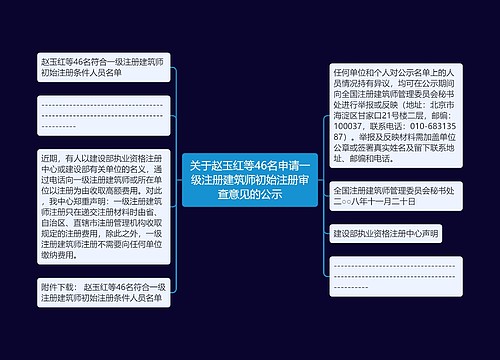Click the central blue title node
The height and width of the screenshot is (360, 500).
coord(249,180)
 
